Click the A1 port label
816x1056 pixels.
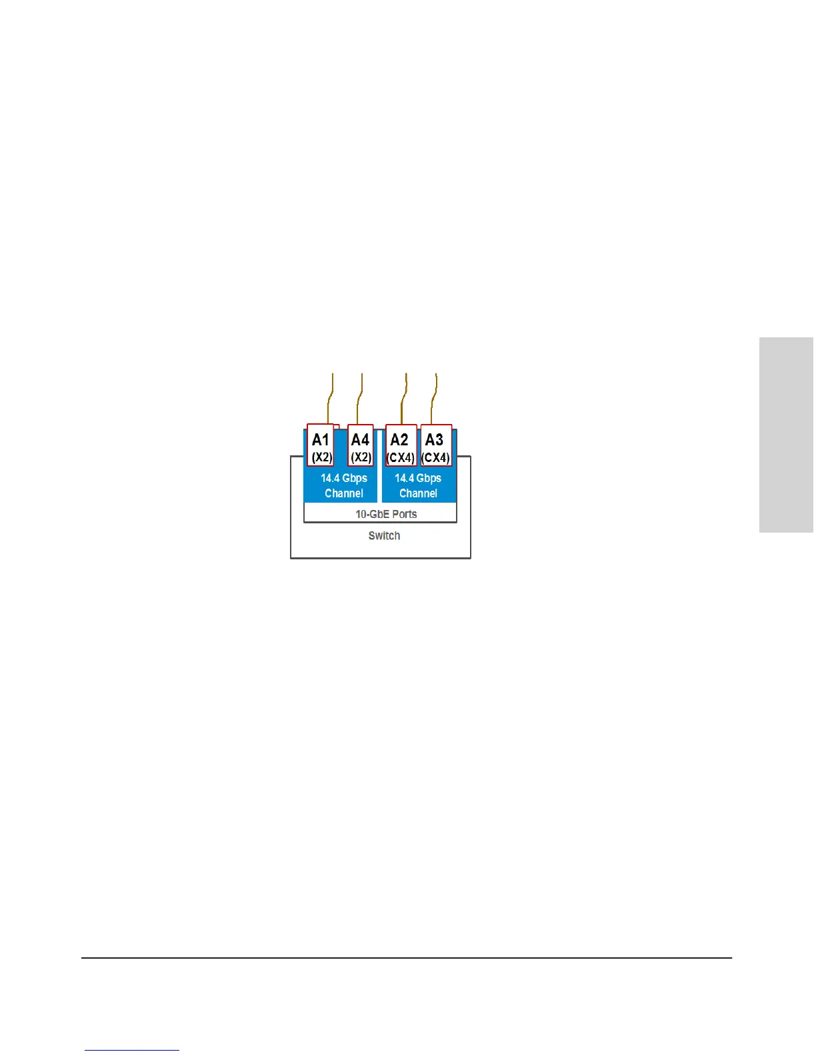[x=321, y=440]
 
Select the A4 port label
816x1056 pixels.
[x=360, y=440]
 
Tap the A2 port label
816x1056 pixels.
[x=399, y=440]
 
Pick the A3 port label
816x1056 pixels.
[x=434, y=440]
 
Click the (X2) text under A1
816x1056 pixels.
[x=322, y=457]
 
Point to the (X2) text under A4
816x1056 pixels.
[x=361, y=457]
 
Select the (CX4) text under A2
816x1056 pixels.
[x=401, y=458]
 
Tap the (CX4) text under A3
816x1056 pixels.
[x=436, y=458]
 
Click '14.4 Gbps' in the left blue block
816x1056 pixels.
[x=344, y=478]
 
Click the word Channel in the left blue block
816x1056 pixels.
[x=344, y=493]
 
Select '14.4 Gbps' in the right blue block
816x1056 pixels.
[x=418, y=478]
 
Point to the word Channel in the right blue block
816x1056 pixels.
[x=419, y=493]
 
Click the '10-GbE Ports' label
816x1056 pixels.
[x=386, y=514]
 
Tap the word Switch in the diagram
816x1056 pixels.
[x=384, y=535]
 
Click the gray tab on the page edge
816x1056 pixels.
[x=787, y=435]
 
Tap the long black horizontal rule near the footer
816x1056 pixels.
[x=407, y=958]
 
